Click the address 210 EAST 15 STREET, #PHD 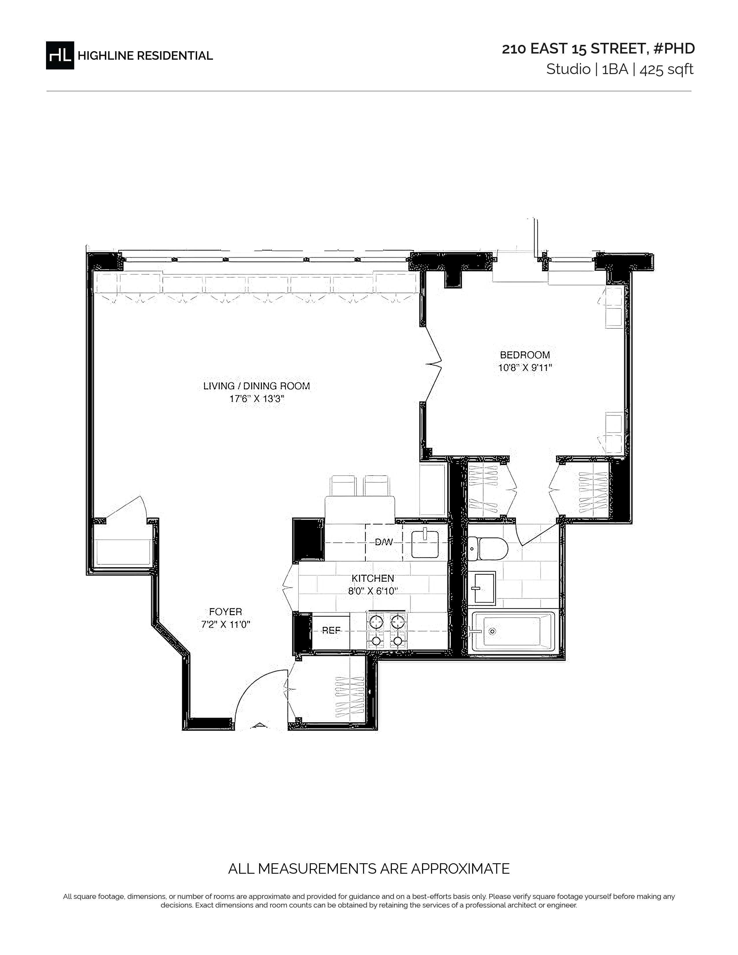(598, 49)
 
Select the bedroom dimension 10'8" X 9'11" (525, 368)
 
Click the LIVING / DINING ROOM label (257, 386)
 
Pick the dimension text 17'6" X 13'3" (257, 399)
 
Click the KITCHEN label (372, 578)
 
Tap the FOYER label (226, 612)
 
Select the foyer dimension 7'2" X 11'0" (226, 625)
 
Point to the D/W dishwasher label (384, 542)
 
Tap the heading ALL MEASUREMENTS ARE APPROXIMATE (369, 868)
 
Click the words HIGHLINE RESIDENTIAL (145, 56)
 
